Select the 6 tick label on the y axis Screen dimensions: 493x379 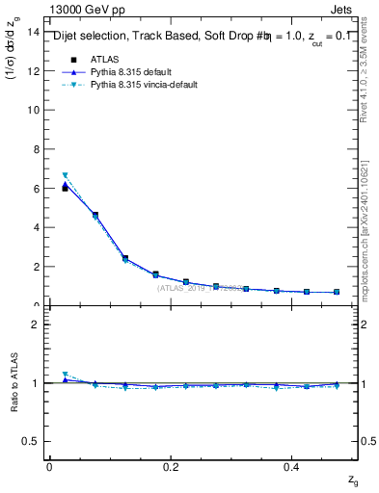click(x=37, y=189)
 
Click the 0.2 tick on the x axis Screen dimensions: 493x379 click(x=172, y=466)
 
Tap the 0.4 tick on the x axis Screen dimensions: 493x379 click(x=295, y=466)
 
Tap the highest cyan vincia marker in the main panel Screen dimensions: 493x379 click(x=65, y=175)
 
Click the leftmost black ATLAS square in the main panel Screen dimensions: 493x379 click(x=65, y=189)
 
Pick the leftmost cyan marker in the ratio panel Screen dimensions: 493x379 click(x=65, y=375)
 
